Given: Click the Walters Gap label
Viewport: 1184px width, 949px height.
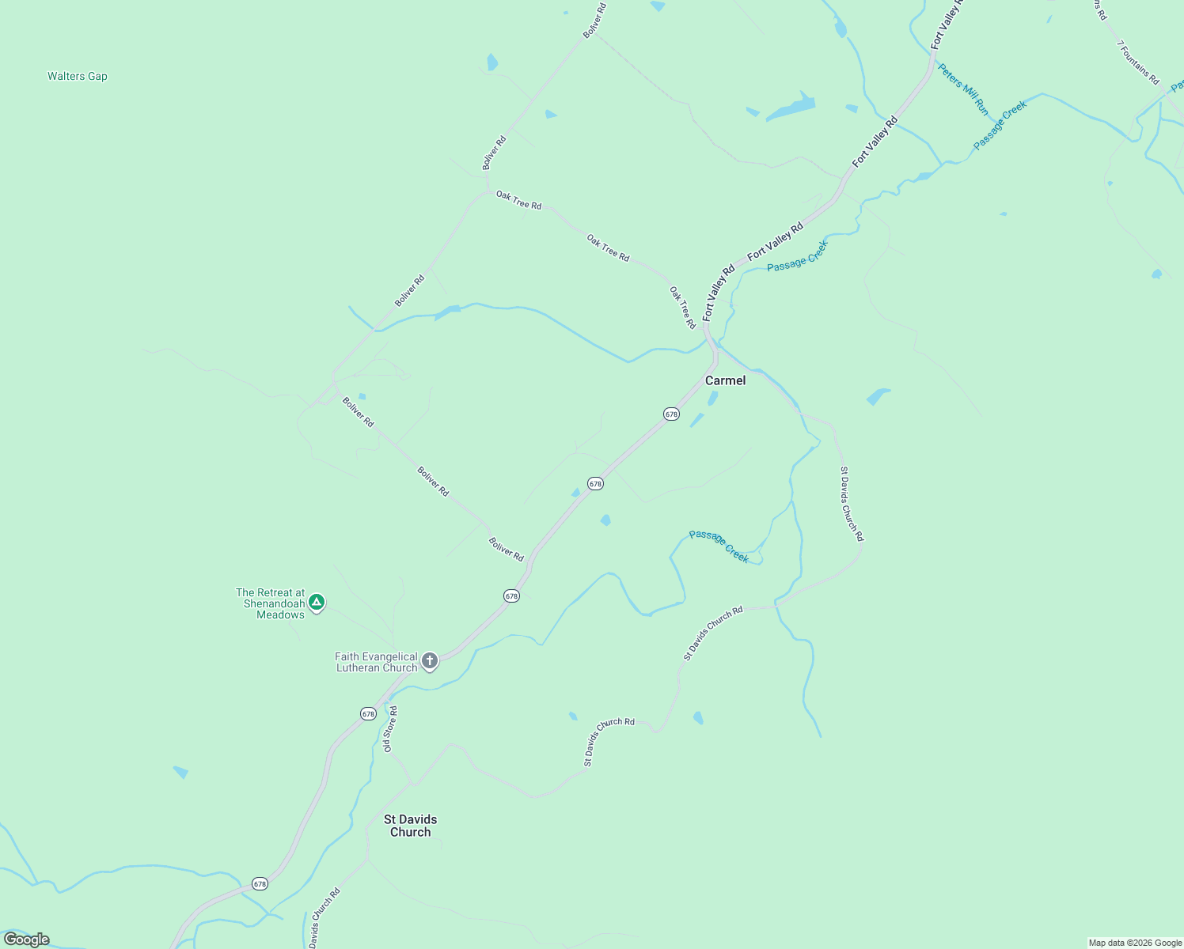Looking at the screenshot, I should (78, 77).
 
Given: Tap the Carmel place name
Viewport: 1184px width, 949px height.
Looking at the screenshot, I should (725, 380).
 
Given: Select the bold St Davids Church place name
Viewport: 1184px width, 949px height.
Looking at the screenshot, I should (410, 826).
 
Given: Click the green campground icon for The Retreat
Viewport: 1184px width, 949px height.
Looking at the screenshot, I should (317, 603).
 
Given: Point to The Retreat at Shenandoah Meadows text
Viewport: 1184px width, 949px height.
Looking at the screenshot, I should (271, 603).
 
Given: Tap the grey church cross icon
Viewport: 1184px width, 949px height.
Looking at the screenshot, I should (430, 660).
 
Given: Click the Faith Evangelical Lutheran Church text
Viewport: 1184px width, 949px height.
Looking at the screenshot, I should (376, 662).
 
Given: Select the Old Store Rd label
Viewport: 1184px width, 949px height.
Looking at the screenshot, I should (390, 729).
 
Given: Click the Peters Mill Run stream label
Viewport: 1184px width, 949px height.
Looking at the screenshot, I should (963, 89).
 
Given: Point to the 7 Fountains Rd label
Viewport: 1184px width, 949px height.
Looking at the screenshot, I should (1137, 62).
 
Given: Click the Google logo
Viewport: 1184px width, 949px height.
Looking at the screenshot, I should (27, 940).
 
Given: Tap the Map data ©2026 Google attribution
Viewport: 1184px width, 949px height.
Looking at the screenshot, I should (1135, 943).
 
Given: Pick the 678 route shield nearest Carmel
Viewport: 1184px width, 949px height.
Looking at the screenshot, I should (671, 414).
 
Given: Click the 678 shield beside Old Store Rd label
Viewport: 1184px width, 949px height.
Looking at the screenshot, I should (368, 713).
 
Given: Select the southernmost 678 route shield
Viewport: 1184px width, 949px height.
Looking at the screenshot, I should (260, 883).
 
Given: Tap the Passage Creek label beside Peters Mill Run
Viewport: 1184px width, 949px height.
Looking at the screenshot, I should (1000, 125).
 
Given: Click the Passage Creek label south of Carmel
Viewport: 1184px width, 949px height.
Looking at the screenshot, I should (719, 546).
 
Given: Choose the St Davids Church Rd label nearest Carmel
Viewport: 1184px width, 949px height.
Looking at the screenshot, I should (852, 504).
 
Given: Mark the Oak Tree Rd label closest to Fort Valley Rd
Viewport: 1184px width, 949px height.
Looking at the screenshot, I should (682, 308).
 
